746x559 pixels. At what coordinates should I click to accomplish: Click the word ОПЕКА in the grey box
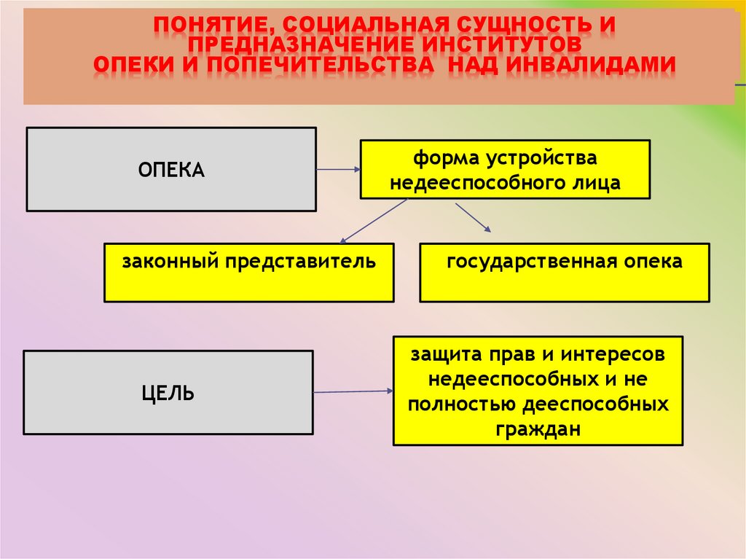click(x=171, y=171)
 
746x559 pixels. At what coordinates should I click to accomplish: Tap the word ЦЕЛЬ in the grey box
click(x=168, y=394)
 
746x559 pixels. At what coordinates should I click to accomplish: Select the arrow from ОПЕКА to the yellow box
click(x=338, y=170)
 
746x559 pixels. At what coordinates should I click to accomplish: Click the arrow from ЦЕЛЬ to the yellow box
click(x=353, y=392)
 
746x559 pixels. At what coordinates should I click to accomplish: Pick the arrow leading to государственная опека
click(x=473, y=218)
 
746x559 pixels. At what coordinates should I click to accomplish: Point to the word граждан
click(x=538, y=429)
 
